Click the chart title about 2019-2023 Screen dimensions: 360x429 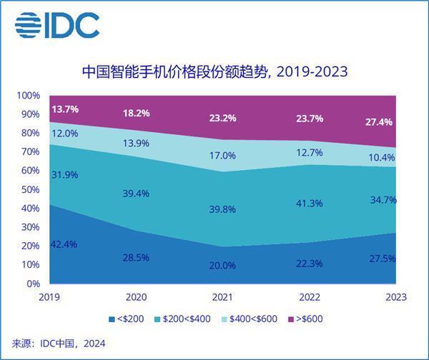214,71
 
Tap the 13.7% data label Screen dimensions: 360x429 65,109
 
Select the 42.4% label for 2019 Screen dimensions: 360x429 65,244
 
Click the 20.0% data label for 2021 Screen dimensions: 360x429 222,265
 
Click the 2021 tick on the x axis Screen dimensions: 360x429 222,297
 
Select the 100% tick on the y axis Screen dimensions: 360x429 29,96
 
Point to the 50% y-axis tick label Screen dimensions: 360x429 31,189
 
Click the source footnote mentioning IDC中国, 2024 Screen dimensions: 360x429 59,344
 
